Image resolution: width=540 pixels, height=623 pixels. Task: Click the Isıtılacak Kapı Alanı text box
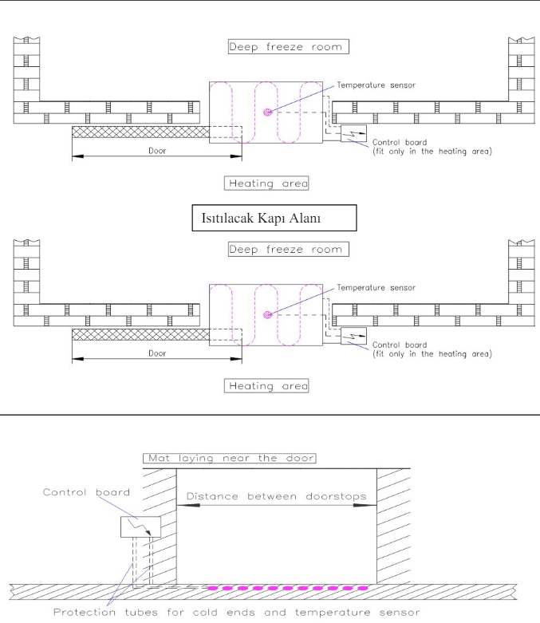pos(274,218)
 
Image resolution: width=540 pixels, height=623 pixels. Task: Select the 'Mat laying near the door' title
pos(229,458)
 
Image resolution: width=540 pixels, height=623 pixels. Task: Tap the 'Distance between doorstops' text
pos(277,496)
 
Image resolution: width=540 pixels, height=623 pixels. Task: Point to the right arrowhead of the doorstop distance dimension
pos(365,505)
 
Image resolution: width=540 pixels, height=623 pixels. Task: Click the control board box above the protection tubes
pos(140,526)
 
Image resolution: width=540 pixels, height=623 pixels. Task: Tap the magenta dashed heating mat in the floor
pos(288,588)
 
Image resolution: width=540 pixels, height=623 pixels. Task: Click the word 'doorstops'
pos(336,496)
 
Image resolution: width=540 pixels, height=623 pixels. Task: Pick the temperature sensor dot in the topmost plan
pos(268,112)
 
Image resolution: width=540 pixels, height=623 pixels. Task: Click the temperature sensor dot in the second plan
pos(268,315)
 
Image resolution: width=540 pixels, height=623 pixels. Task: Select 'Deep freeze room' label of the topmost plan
pos(289,46)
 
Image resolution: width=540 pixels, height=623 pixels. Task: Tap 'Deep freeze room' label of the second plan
pos(289,249)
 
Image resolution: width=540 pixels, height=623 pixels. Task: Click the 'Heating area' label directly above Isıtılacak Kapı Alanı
pos(266,183)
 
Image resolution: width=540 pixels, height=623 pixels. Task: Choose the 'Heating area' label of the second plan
pos(266,386)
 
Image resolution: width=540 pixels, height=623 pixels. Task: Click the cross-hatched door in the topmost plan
pos(140,132)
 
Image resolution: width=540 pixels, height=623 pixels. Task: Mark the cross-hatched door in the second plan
pos(140,334)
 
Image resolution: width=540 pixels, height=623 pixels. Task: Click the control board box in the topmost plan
pos(353,133)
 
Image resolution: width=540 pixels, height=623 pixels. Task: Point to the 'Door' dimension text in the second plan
pos(157,353)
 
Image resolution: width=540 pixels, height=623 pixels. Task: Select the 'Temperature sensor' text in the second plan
pos(376,288)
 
